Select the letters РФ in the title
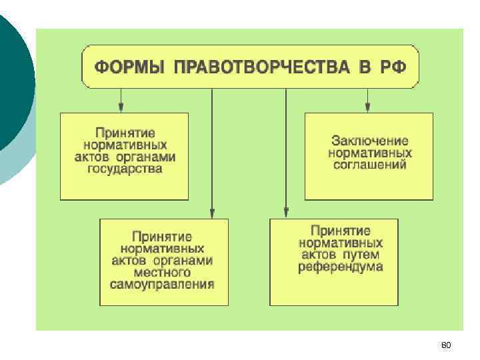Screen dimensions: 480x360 392,67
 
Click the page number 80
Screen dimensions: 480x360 446,345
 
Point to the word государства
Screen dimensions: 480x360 125,169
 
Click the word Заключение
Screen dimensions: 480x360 369,141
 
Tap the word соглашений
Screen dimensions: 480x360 370,165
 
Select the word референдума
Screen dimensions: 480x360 340,267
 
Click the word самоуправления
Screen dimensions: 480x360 163,285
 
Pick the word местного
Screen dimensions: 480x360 163,273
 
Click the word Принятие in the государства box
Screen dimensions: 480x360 125,133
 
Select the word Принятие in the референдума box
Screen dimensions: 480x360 341,231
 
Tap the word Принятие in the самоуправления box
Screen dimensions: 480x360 163,237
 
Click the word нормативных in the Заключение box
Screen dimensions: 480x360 370,153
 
